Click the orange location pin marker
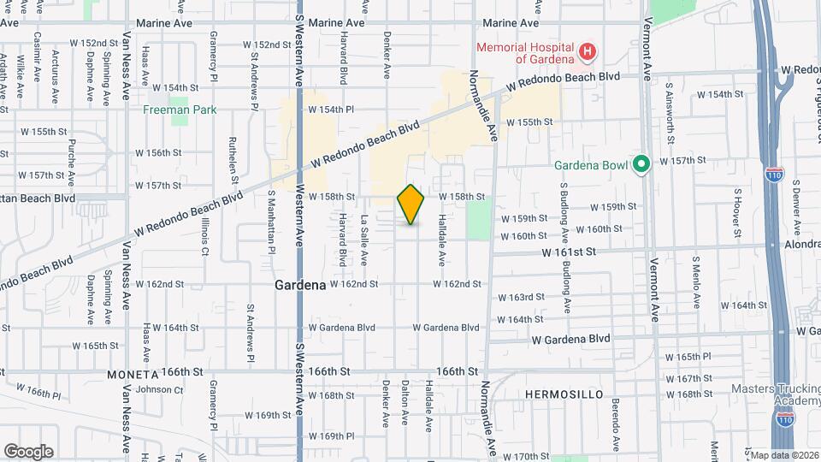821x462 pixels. [410, 204]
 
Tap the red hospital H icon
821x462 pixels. [588, 53]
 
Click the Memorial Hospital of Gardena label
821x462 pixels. [525, 53]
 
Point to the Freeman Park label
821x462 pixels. [180, 110]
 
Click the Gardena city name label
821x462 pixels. [300, 285]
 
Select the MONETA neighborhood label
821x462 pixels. [133, 375]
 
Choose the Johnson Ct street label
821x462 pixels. [154, 390]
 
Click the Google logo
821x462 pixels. [28, 451]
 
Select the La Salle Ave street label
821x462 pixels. [363, 239]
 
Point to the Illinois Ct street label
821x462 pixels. [205, 239]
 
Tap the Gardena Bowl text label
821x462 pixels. [589, 164]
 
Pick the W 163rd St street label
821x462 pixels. [521, 298]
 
